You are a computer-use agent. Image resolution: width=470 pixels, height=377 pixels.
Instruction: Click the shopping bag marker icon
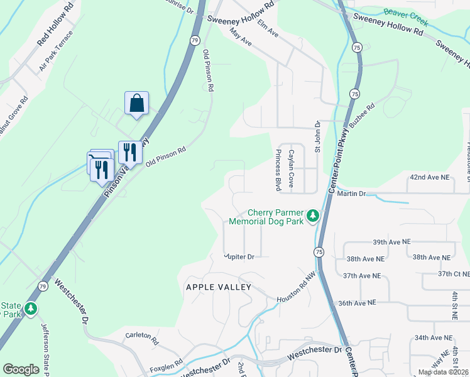coord(137,103)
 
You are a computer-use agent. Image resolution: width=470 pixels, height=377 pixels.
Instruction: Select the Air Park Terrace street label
coord(56,52)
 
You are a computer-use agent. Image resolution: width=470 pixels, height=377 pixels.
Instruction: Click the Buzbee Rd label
coord(362,117)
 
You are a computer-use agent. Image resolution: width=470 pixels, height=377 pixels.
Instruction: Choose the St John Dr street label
coord(318,137)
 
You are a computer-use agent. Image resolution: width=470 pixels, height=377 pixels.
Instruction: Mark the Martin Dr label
coord(351,194)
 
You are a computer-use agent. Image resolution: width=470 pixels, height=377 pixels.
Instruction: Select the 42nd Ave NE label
coord(430,178)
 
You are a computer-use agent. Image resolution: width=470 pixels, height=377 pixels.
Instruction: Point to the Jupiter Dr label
coord(239,256)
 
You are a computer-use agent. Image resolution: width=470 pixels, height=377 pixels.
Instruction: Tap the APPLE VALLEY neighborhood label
coord(218,287)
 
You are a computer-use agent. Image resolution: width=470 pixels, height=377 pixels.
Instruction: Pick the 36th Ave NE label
coord(356,302)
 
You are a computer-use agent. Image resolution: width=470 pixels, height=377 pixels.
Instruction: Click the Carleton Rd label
coord(141,336)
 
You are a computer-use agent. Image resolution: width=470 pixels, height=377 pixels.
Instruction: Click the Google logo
coord(21,369)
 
